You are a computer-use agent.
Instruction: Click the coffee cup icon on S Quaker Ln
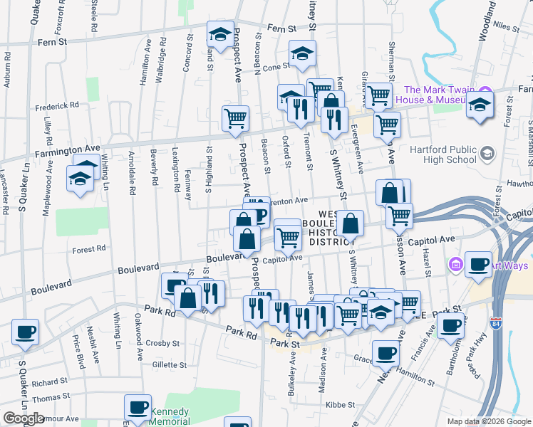coord(26,332)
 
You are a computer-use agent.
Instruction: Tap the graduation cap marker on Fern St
coord(220,34)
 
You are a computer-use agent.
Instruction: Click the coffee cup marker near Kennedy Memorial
coord(138,408)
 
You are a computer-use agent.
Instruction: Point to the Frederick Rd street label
coord(57,105)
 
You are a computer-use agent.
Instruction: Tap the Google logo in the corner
coord(24,418)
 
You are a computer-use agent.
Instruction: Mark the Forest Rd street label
coord(91,249)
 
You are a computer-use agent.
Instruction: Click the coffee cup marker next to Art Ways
coord(477,265)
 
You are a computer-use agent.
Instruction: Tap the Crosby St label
coord(163,343)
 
